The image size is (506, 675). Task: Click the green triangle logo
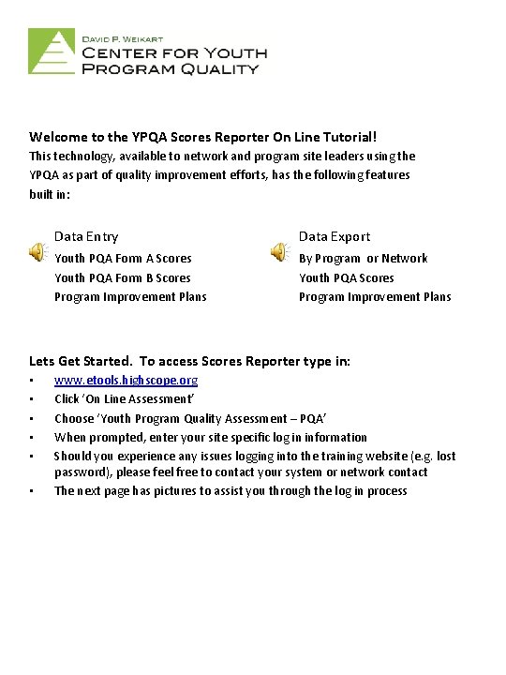52,51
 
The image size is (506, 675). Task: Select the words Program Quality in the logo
171,68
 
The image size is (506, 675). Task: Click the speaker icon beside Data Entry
37,250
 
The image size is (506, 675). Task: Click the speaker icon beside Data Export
279,250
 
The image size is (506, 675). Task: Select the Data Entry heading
86,237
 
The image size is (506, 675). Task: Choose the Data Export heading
335,237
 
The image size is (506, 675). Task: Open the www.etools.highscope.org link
126,380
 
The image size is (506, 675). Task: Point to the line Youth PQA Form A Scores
123,258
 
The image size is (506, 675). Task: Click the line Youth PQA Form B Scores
123,277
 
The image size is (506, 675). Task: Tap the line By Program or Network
363,258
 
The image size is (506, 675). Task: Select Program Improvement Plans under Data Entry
130,296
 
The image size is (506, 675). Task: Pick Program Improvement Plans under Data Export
375,296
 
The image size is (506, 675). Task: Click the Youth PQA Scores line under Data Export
347,277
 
